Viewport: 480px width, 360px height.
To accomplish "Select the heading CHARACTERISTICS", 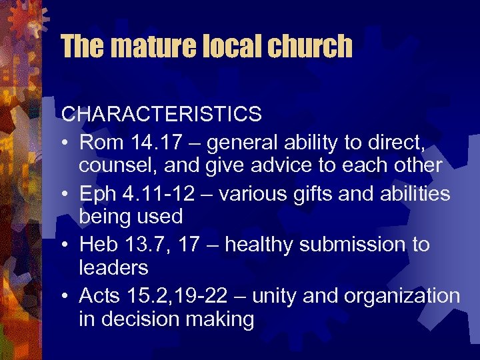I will [x=161, y=114].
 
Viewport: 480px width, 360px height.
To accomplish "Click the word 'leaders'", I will [x=113, y=268].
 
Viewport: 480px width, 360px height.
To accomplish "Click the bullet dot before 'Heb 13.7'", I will [x=66, y=245].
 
